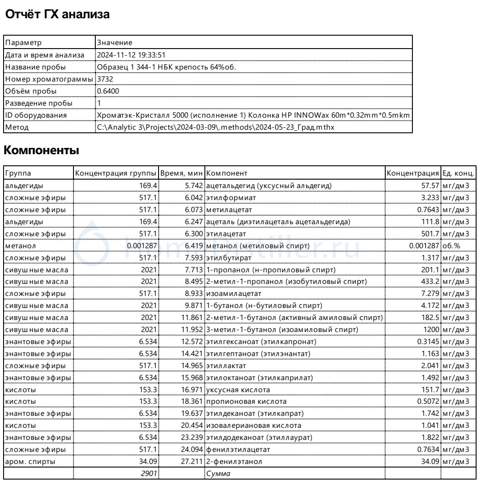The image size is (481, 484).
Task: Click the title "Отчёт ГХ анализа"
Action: click(x=57, y=15)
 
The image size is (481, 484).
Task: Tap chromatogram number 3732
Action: click(x=105, y=79)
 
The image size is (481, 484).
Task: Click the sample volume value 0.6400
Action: click(x=108, y=91)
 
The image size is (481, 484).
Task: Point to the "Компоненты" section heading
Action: click(x=41, y=151)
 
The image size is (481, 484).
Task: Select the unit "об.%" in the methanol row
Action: click(x=451, y=245)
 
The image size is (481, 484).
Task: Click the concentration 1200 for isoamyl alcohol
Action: click(x=431, y=329)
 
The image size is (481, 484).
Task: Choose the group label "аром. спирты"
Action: click(x=30, y=462)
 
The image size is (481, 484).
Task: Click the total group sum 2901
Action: click(x=149, y=474)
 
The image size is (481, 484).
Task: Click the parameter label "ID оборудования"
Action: click(x=36, y=115)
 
